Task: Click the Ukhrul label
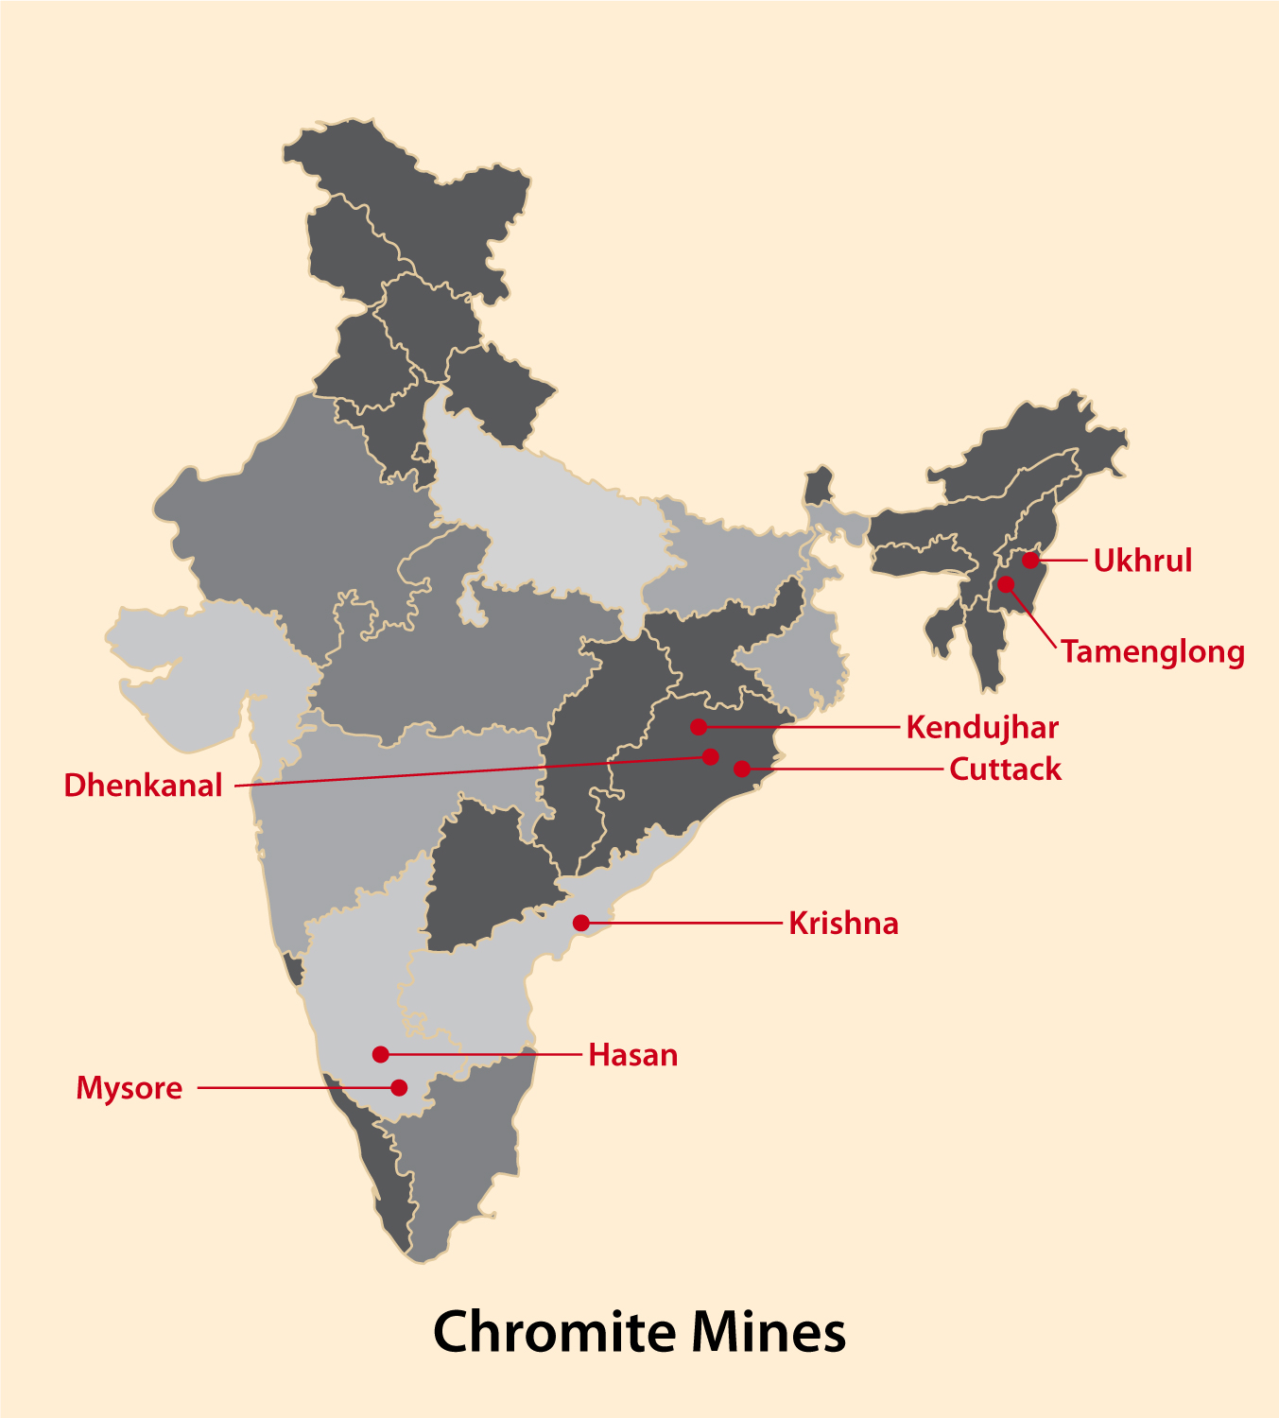1142,561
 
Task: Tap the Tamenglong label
1152,652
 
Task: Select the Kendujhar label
982,728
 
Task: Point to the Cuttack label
1005,770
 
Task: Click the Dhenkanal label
143,786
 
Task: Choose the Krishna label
843,924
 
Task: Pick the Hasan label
632,1055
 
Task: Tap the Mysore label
130,1088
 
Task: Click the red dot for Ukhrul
1030,561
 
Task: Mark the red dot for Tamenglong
1006,584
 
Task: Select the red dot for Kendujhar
699,727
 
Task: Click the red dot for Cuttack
742,769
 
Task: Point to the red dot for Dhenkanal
711,757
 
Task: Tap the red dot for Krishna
581,923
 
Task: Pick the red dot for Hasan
380,1054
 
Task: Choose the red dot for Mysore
399,1088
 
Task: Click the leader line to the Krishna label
685,923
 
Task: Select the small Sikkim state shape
819,485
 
